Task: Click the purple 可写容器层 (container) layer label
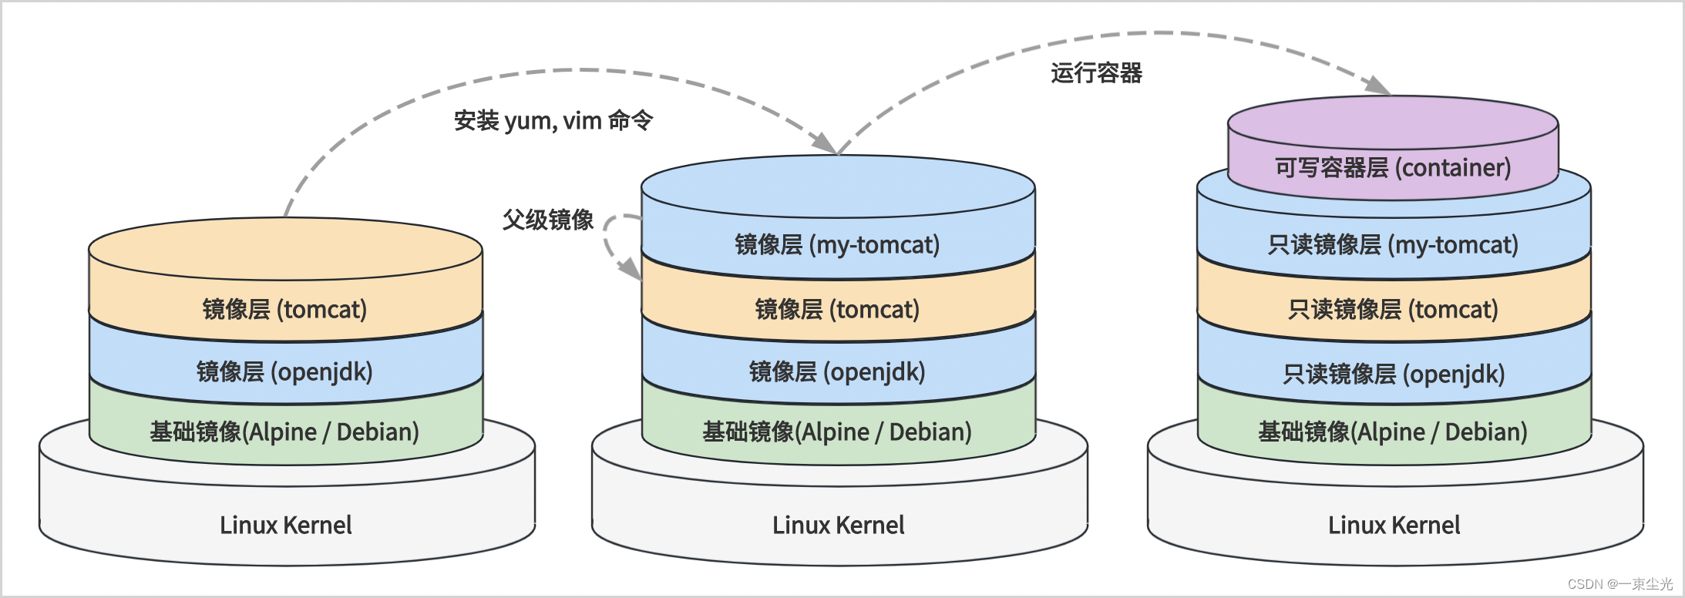pyautogui.click(x=1392, y=167)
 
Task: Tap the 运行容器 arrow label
pyautogui.click(x=1096, y=73)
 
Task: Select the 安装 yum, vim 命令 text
pyautogui.click(x=553, y=121)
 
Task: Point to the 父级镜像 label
pyautogui.click(x=548, y=220)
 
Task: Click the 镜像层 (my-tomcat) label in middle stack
pyautogui.click(x=837, y=245)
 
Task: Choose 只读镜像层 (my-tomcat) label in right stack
pyautogui.click(x=1393, y=245)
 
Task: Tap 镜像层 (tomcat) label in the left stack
pyautogui.click(x=284, y=310)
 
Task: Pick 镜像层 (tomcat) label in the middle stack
pyautogui.click(x=837, y=310)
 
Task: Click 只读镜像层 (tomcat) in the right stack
pyautogui.click(x=1393, y=310)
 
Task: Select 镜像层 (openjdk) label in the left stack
pyautogui.click(x=284, y=372)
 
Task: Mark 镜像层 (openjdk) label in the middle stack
pyautogui.click(x=837, y=372)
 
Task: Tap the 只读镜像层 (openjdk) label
pyautogui.click(x=1393, y=375)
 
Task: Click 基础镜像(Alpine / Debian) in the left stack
pyautogui.click(x=284, y=432)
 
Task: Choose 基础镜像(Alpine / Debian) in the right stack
pyautogui.click(x=1393, y=432)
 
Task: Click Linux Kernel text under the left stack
pyautogui.click(x=286, y=526)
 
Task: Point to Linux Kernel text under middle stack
pyautogui.click(x=839, y=526)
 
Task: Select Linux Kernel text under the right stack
pyautogui.click(x=1394, y=526)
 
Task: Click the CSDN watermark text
pyautogui.click(x=1619, y=584)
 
